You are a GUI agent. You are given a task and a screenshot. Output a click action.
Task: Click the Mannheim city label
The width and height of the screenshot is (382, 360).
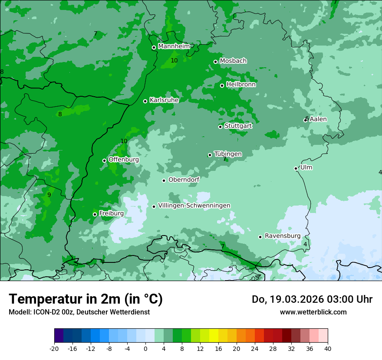[x=174, y=46]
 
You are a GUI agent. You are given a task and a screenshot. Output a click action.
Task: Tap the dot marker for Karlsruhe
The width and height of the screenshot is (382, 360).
[x=145, y=101]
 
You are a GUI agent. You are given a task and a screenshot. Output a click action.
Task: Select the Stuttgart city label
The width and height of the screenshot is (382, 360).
[x=238, y=126]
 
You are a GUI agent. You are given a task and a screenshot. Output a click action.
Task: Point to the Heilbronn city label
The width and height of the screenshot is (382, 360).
[x=241, y=85]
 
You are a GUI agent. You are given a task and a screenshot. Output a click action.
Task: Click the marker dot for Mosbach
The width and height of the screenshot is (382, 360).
[x=215, y=62]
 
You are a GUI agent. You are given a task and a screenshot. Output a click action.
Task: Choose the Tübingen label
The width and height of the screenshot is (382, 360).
[x=228, y=154]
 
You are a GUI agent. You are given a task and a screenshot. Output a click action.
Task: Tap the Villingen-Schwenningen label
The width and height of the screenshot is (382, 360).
[x=194, y=206]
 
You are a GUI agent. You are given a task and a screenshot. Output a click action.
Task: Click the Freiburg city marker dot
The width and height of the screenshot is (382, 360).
[x=95, y=214]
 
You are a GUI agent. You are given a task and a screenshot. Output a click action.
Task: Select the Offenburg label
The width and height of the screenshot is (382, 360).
[x=124, y=160]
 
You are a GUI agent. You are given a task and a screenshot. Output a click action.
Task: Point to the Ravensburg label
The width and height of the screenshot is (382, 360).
[x=283, y=236]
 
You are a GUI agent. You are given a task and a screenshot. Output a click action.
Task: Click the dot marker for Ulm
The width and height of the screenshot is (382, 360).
[x=296, y=168]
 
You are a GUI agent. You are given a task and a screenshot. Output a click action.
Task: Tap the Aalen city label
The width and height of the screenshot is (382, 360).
[x=318, y=119]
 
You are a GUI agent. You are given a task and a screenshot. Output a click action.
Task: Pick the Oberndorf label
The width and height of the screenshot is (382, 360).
[x=184, y=180]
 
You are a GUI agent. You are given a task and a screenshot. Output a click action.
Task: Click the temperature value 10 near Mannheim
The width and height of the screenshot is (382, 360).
[x=174, y=61]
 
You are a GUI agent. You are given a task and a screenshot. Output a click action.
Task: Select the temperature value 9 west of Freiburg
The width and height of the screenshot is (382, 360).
[x=49, y=195]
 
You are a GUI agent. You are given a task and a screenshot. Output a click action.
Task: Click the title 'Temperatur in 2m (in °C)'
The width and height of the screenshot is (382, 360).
[x=86, y=299]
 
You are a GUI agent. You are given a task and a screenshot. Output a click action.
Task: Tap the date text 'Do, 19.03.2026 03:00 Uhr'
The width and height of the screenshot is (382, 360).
[x=312, y=299]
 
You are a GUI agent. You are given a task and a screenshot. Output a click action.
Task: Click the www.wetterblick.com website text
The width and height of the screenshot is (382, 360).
[x=313, y=312]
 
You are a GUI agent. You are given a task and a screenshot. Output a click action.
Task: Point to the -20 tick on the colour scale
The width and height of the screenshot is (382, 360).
[x=54, y=348]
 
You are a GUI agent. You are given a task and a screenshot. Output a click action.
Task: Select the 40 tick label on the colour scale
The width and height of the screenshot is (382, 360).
[x=328, y=348]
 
